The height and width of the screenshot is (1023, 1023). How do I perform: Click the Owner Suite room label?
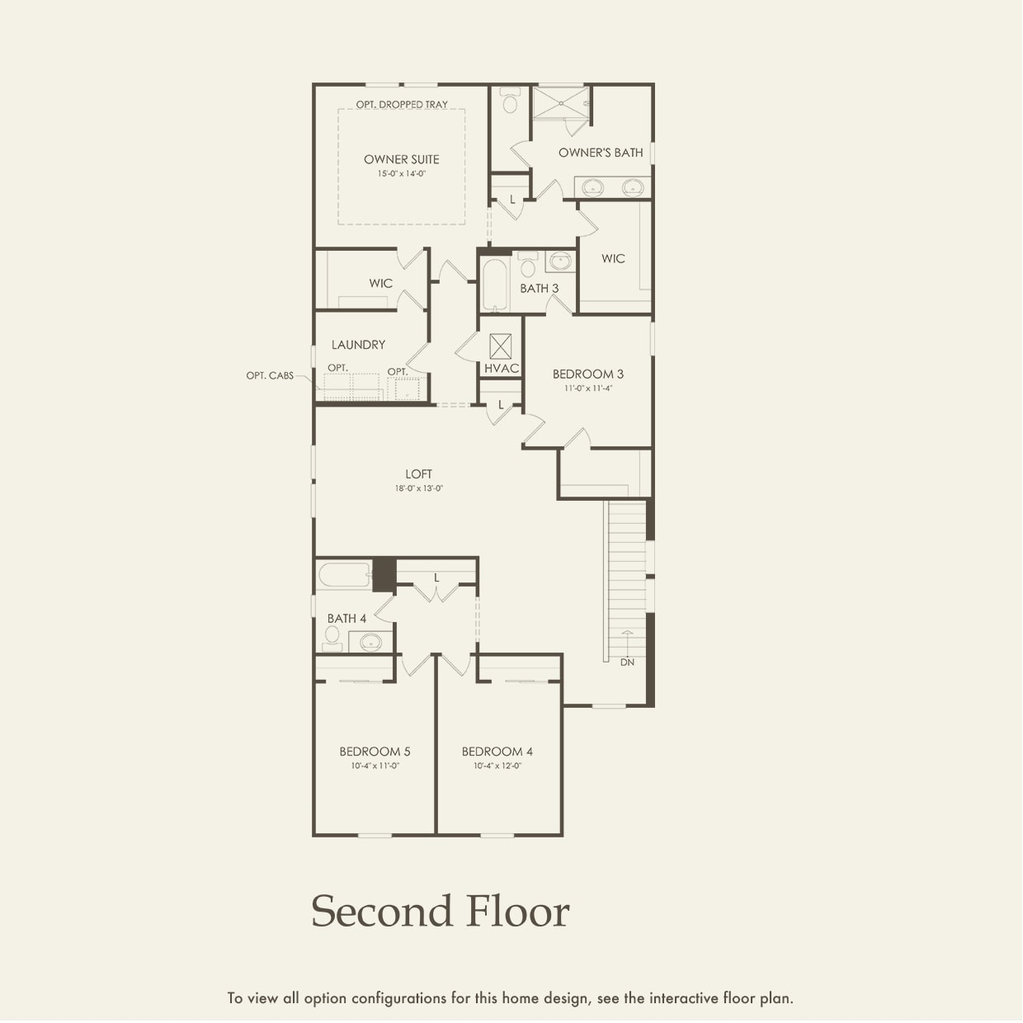[x=402, y=159]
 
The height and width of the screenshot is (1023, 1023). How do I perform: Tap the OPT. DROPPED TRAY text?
[x=402, y=105]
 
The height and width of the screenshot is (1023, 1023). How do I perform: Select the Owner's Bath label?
[x=600, y=153]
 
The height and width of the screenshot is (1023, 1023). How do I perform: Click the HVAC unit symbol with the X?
[x=500, y=346]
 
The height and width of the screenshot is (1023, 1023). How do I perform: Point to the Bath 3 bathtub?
[x=495, y=285]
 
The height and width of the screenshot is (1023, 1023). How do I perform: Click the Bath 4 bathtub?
[x=344, y=575]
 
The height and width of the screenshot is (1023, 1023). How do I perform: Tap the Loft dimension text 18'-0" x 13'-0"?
[x=418, y=488]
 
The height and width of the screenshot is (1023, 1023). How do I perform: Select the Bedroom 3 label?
[x=587, y=374]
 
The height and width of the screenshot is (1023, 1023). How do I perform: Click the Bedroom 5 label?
[x=375, y=752]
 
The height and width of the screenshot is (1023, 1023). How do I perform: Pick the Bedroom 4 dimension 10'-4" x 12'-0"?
[x=497, y=766]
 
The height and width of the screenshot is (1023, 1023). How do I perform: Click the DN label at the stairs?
[x=627, y=662]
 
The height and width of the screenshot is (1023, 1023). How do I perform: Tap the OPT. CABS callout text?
[x=270, y=375]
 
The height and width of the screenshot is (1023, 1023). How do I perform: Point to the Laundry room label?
[x=358, y=345]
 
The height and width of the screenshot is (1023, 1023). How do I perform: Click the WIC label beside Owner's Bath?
[x=613, y=258]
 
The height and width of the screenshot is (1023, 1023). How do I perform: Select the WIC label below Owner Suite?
[x=380, y=283]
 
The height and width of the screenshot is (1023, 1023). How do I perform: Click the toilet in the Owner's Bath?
[x=509, y=102]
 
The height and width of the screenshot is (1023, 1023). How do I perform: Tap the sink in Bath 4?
[x=370, y=641]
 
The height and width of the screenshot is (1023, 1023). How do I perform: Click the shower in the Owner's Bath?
[x=560, y=103]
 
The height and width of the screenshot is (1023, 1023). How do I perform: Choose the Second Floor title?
[x=440, y=912]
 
